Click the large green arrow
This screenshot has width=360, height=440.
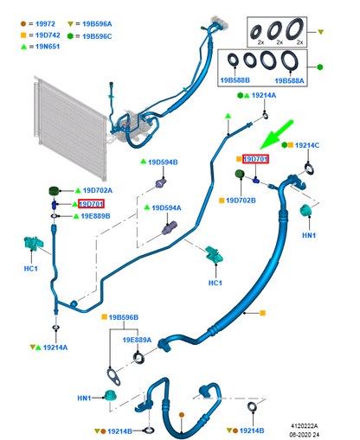[x=276, y=135]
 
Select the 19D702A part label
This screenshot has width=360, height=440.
[x=98, y=190]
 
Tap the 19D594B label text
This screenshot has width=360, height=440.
[x=163, y=163]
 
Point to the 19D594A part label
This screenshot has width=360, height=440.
[x=166, y=207]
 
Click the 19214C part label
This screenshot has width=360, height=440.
[x=307, y=145]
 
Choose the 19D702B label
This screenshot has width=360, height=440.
[x=241, y=201]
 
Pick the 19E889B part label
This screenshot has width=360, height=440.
[x=95, y=216]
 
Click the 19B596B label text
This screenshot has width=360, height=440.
[x=124, y=317]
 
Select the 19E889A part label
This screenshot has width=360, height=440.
[x=137, y=340]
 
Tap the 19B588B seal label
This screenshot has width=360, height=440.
[x=235, y=80]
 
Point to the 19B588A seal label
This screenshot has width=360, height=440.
[x=289, y=80]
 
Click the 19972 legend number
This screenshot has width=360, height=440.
[x=45, y=24]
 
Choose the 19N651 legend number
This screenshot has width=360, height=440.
[x=48, y=47]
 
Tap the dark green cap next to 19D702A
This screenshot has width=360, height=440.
[x=54, y=191]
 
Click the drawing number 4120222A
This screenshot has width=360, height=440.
[x=305, y=426]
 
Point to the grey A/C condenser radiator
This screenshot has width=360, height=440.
[x=70, y=127]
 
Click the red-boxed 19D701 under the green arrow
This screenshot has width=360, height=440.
[x=255, y=159]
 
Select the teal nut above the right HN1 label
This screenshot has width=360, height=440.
[x=305, y=210]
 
